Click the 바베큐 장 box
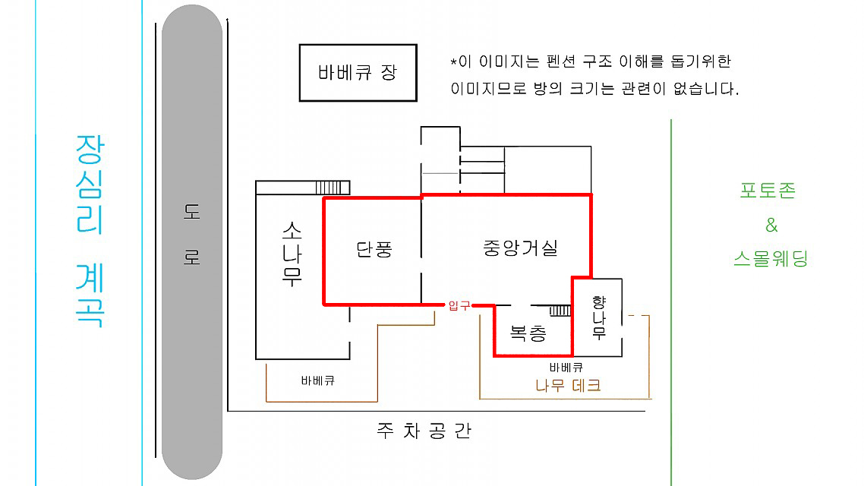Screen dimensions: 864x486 click(x=358, y=73)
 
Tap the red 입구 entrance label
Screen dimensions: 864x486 click(x=459, y=305)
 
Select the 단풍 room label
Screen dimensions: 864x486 click(x=374, y=249)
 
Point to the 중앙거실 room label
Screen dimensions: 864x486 click(x=520, y=248)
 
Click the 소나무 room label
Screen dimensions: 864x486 click(x=292, y=254)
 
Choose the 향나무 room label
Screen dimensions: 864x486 click(x=599, y=317)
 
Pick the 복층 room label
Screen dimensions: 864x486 click(x=528, y=333)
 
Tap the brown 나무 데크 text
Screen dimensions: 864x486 click(x=568, y=385)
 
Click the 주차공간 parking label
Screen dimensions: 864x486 click(x=424, y=431)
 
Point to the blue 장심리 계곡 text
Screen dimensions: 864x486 click(x=90, y=230)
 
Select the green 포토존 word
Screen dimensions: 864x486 click(x=768, y=191)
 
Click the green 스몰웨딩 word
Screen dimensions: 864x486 click(x=771, y=258)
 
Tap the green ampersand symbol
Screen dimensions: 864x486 click(x=771, y=225)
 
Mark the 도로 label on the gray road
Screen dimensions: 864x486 click(x=192, y=234)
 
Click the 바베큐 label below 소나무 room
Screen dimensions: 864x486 click(x=318, y=380)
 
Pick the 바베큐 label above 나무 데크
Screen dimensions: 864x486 click(x=566, y=367)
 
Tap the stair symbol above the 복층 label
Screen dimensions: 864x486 click(x=560, y=311)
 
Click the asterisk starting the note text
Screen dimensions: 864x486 click(x=453, y=62)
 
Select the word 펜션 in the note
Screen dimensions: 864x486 click(x=560, y=62)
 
